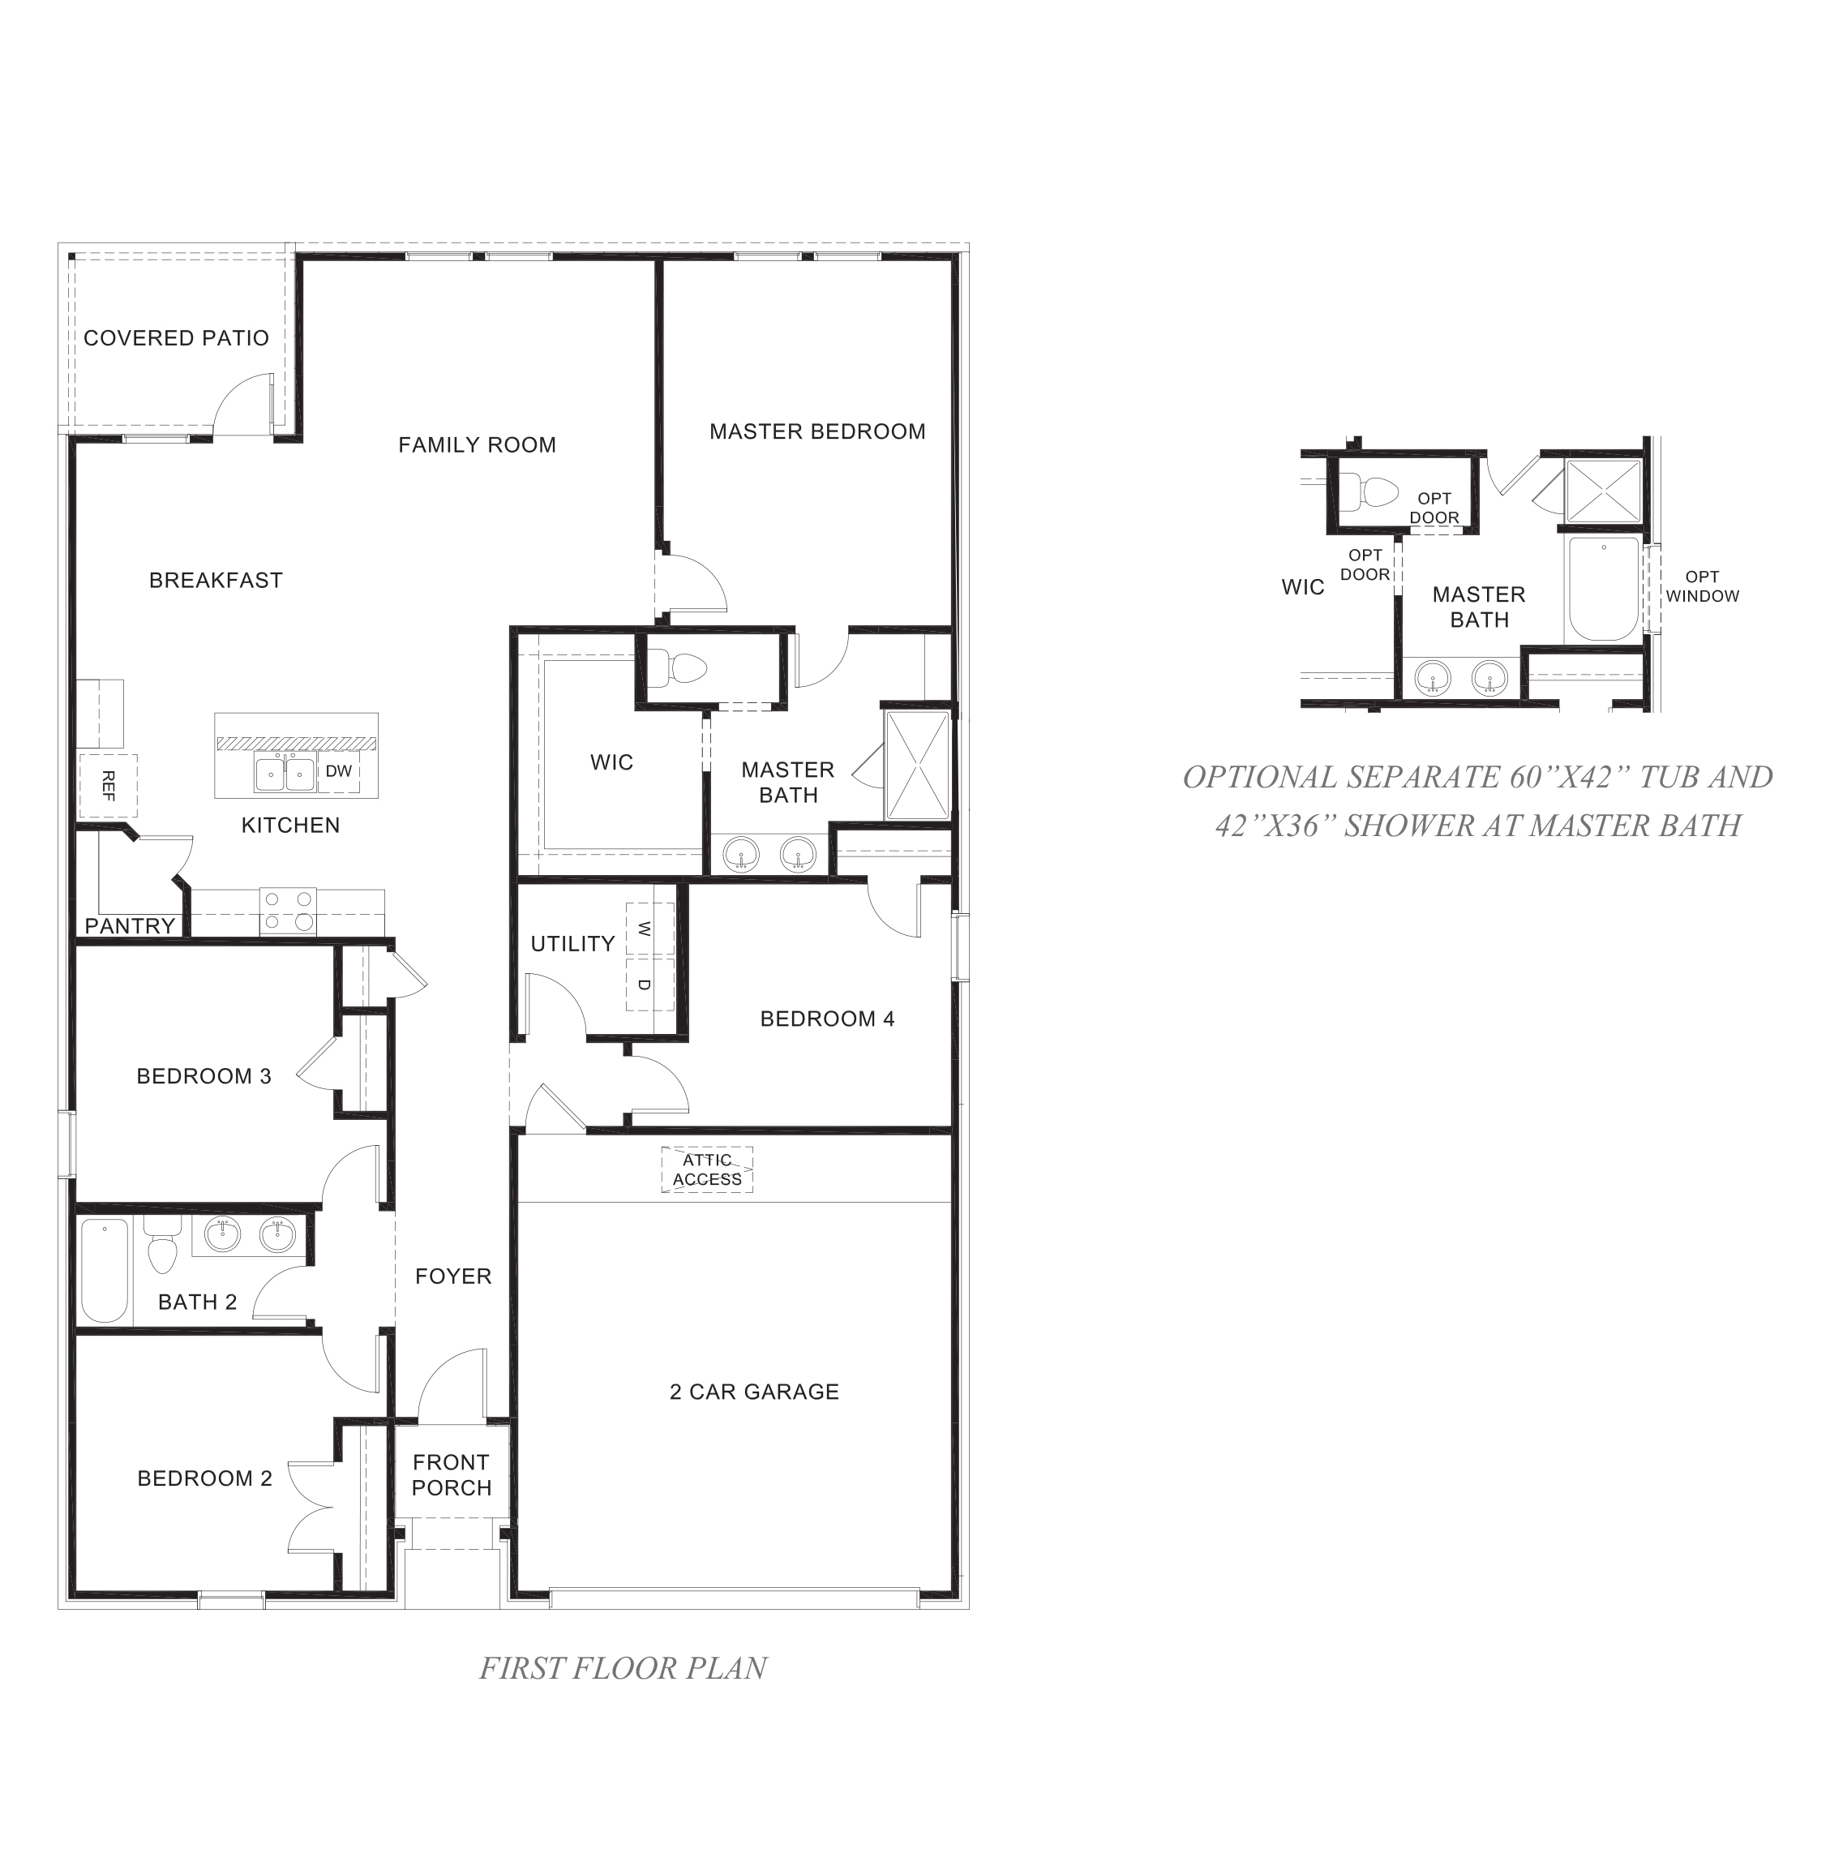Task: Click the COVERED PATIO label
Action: (x=176, y=337)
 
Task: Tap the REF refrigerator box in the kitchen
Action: (x=108, y=785)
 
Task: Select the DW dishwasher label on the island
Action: (x=338, y=771)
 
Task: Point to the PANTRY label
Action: (x=130, y=925)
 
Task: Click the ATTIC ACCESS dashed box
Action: (x=706, y=1170)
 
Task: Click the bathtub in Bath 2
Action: (x=105, y=1270)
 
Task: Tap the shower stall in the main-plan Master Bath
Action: (x=917, y=766)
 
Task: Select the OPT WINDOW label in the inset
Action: (x=1701, y=586)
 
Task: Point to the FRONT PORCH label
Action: (x=451, y=1474)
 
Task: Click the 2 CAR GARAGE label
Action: (x=755, y=1391)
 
